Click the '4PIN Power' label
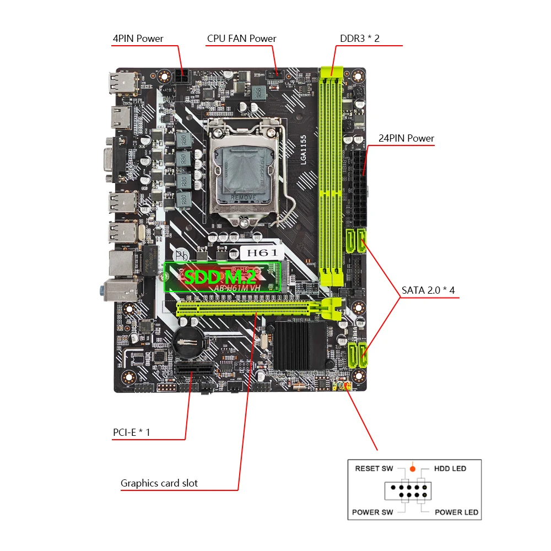pyautogui.click(x=138, y=39)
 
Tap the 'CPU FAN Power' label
pyautogui.click(x=241, y=39)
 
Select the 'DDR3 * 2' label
pyautogui.click(x=359, y=39)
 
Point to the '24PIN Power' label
pyautogui.click(x=406, y=138)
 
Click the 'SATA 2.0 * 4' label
pyautogui.click(x=428, y=290)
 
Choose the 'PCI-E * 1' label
pyautogui.click(x=131, y=433)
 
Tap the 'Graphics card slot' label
pyautogui.click(x=159, y=483)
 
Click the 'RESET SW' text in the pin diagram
pyautogui.click(x=374, y=468)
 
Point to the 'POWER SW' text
pyautogui.click(x=372, y=512)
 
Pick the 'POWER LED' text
pyautogui.click(x=456, y=512)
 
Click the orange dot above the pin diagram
pyautogui.click(x=412, y=468)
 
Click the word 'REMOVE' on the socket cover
pyautogui.click(x=242, y=197)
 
